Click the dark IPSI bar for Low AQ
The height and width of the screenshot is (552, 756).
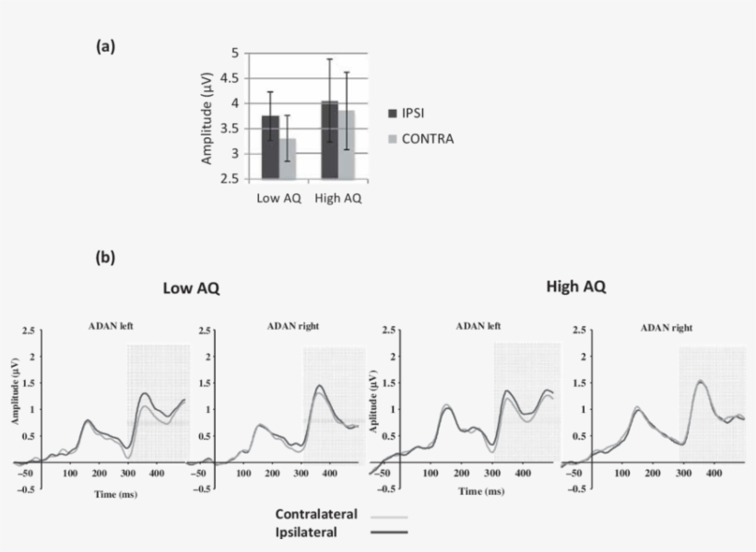pos(270,147)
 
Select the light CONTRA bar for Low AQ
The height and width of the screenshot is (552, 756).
pos(289,159)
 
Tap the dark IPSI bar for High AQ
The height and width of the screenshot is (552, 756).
pos(330,140)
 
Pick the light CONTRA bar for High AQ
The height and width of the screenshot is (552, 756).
pos(348,145)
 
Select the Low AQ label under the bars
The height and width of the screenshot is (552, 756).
pos(277,198)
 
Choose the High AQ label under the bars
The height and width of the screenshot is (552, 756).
pos(338,198)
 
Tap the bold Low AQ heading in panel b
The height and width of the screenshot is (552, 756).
pos(191,289)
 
